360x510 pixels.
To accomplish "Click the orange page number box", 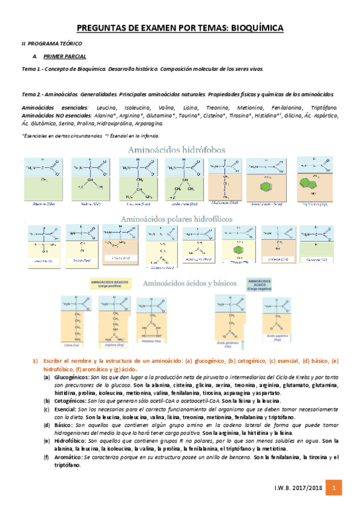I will click(x=336, y=490).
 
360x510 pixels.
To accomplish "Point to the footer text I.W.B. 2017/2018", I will click(x=297, y=490).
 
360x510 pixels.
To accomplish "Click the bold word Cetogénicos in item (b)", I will click(x=69, y=399).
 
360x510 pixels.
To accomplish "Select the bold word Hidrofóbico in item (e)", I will click(x=69, y=440).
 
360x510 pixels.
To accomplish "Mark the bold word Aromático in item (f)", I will click(x=67, y=458).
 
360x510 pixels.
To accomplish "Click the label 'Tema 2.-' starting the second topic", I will click(x=31, y=94).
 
